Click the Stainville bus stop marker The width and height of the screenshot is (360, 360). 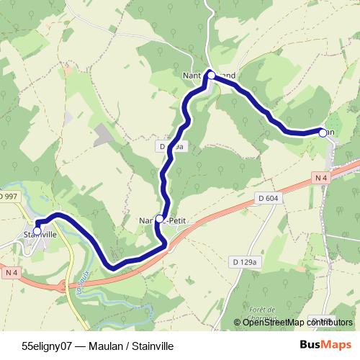coord(37,230)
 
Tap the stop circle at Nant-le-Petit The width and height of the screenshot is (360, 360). coord(159,218)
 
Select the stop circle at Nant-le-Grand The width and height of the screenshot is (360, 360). coord(211,74)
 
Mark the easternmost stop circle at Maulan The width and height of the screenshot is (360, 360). coord(323,132)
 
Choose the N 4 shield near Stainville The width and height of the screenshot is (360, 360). coord(10,272)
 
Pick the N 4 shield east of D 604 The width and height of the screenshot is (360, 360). coord(321,177)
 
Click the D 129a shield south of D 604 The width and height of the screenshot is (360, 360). coord(246,262)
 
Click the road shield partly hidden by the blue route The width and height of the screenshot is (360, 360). coord(171,146)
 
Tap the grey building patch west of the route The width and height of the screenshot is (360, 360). coord(104,134)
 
